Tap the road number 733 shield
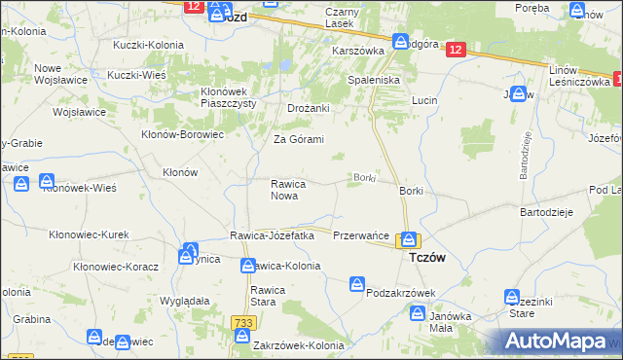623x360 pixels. pyautogui.click(x=242, y=321)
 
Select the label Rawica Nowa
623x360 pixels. pyautogui.click(x=289, y=190)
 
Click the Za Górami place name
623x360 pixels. pyautogui.click(x=298, y=139)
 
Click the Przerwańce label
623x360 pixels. pyautogui.click(x=361, y=236)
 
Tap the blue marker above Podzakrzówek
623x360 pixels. pyautogui.click(x=358, y=283)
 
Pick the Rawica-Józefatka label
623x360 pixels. pyautogui.click(x=272, y=235)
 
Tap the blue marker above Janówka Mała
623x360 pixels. pyautogui.click(x=418, y=313)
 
